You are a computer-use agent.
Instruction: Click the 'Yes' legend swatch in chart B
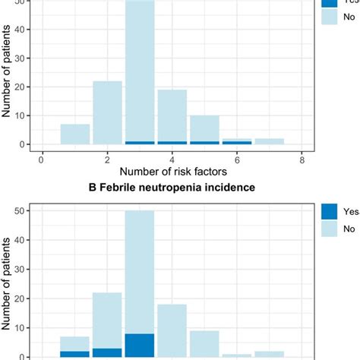click(327, 213)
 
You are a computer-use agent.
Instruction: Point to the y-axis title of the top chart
click(8, 76)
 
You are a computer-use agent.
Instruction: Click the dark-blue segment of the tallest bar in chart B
click(140, 346)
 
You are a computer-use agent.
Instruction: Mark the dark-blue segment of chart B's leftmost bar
click(74, 354)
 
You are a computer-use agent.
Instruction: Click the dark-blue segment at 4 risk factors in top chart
click(172, 143)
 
